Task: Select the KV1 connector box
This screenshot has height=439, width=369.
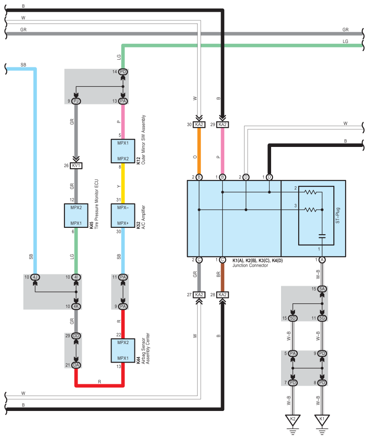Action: point(76,165)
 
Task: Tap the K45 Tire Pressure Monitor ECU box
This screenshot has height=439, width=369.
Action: point(76,215)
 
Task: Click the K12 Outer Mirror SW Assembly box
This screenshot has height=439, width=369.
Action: point(123,151)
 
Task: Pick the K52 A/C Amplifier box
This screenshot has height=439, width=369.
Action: point(123,215)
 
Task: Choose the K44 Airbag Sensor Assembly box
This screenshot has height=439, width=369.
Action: point(123,350)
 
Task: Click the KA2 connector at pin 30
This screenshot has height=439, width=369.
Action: point(199,125)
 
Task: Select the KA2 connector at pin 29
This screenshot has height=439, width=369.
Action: point(222,125)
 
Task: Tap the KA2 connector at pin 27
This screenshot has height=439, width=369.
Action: point(199,294)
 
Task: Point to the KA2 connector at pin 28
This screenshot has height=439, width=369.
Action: point(222,294)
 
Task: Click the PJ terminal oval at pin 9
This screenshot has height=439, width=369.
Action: point(76,101)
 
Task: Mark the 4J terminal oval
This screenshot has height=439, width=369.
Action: point(35,277)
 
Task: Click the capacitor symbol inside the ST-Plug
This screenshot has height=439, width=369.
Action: point(322,236)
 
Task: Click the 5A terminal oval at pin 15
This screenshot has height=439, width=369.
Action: point(322,289)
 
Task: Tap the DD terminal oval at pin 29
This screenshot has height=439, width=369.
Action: point(76,335)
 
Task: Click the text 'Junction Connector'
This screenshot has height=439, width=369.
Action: point(250,265)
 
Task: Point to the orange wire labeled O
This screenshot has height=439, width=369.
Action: point(199,151)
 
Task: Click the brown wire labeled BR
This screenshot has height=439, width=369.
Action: point(222,277)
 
